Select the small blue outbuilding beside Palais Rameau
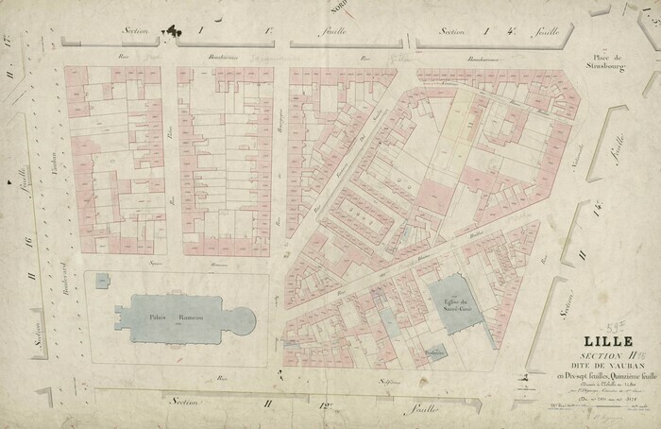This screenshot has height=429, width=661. (102, 279)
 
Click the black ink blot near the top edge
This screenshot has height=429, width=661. (171, 35)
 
